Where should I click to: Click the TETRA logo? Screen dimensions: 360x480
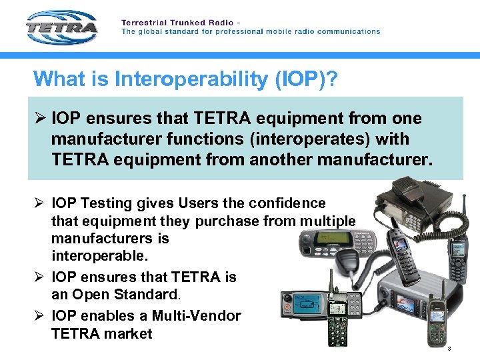[x=62, y=27]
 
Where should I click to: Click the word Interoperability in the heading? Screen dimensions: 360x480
[x=191, y=79]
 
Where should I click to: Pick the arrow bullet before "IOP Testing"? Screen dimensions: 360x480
[x=39, y=203]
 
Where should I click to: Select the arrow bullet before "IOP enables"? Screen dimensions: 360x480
[x=39, y=315]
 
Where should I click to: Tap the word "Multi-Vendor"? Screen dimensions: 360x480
[x=198, y=315]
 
